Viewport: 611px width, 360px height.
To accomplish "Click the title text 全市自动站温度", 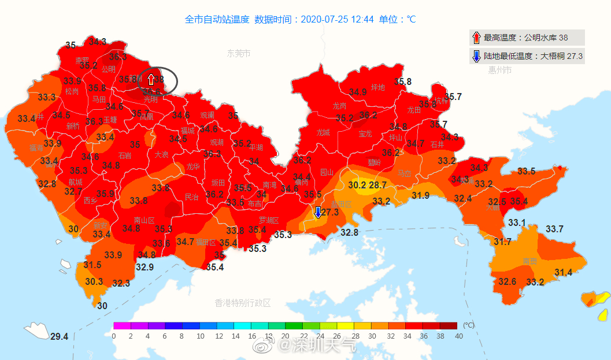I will click(x=217, y=19).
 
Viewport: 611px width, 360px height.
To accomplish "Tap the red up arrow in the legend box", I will click(x=476, y=38).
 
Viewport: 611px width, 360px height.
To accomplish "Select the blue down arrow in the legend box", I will click(x=476, y=56).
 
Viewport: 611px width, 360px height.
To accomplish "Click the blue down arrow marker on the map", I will click(x=317, y=212).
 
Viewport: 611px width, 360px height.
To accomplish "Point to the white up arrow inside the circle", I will click(x=151, y=79).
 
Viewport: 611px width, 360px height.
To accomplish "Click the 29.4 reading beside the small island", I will click(x=59, y=337).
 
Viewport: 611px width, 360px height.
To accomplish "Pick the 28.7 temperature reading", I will click(x=377, y=185).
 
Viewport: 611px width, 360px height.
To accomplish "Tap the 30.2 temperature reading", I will click(x=357, y=185).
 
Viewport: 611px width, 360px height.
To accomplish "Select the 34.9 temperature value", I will click(x=357, y=92).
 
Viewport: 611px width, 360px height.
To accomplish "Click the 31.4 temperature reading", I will click(x=563, y=273).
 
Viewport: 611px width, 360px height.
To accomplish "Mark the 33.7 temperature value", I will click(x=554, y=229).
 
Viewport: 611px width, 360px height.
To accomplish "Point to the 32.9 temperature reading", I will click(x=145, y=267).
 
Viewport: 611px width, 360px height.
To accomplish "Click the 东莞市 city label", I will click(x=239, y=53).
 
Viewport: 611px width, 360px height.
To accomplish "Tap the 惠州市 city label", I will click(x=499, y=70).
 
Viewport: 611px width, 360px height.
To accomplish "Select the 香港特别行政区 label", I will click(x=242, y=303).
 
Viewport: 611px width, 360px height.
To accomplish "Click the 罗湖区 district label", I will click(x=269, y=220).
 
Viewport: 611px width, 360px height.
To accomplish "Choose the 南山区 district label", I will click(x=144, y=220).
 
